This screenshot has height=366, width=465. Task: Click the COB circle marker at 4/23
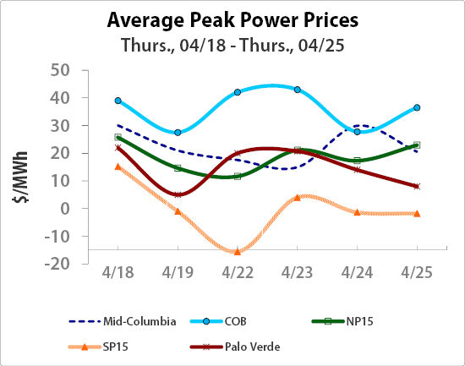click(x=297, y=90)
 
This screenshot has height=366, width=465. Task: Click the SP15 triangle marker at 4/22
click(x=238, y=251)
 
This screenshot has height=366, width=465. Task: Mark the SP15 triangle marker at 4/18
click(x=118, y=167)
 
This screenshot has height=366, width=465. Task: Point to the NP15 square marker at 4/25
click(x=417, y=145)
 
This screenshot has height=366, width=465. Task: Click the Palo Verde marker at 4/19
click(x=178, y=194)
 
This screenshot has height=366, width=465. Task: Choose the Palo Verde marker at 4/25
click(x=417, y=186)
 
